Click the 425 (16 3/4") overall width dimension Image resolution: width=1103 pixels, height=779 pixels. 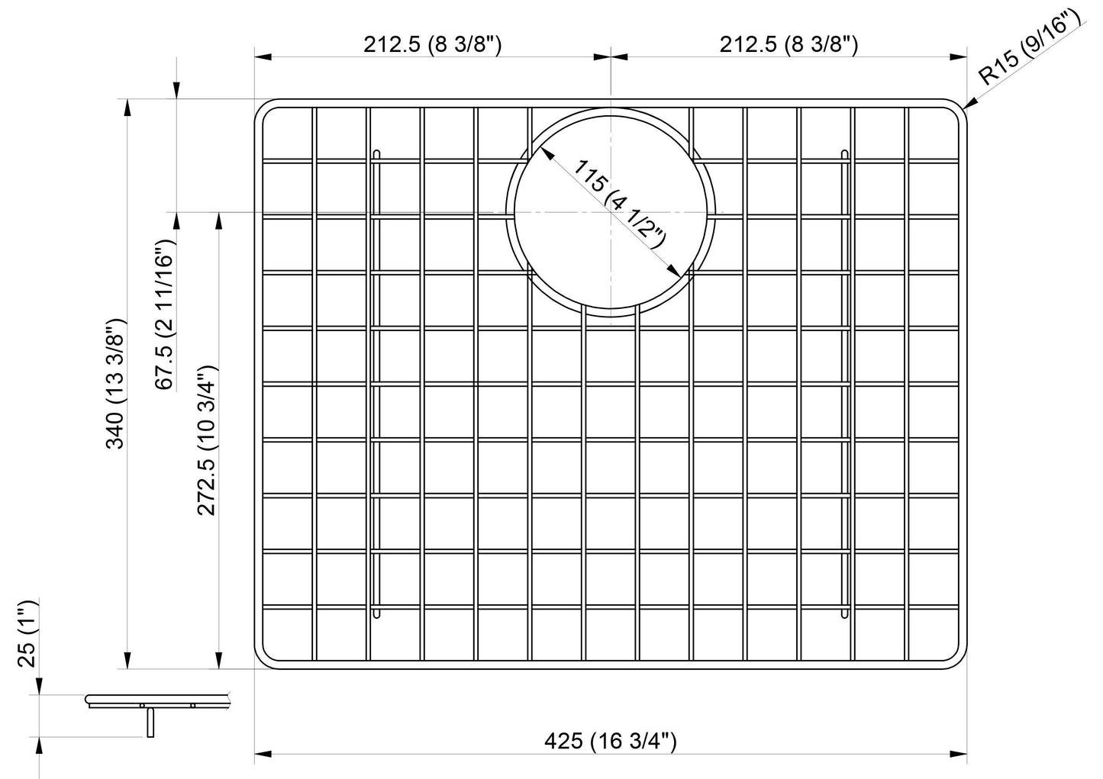coord(611,740)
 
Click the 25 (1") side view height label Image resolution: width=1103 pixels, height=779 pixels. coord(27,633)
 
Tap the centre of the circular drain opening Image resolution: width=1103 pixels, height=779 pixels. coord(611,211)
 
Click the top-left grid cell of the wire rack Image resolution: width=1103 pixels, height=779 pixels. coord(287,133)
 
